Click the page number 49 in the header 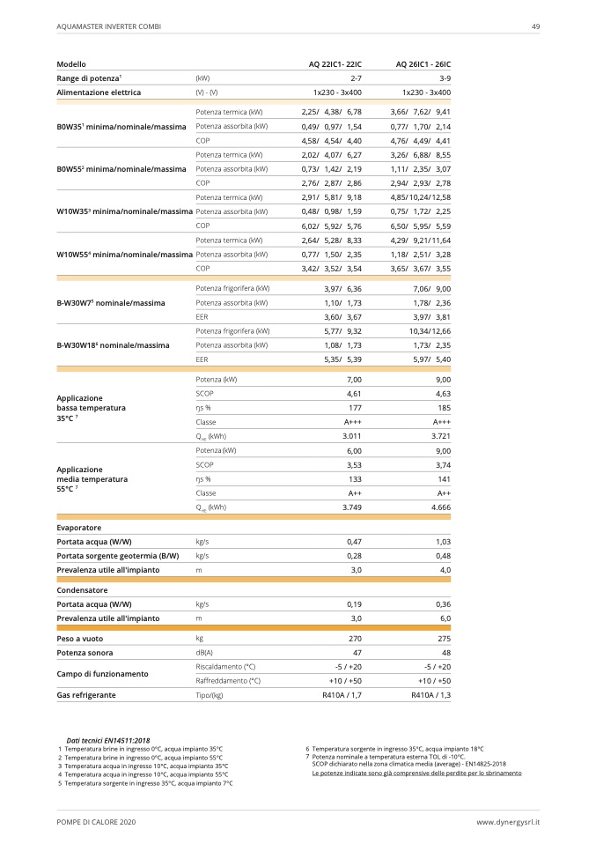(x=535, y=26)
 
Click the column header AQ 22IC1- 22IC (x=335, y=64)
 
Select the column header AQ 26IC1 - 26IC (x=423, y=64)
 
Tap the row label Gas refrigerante (x=86, y=695)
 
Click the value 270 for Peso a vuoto (x=356, y=637)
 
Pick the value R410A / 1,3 (x=430, y=695)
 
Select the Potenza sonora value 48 (x=445, y=652)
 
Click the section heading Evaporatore (x=79, y=527)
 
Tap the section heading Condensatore (x=82, y=589)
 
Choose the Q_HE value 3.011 (x=352, y=436)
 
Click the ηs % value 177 (x=356, y=408)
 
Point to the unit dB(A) (x=204, y=652)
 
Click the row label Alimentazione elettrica (x=99, y=92)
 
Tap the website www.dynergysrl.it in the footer (x=508, y=821)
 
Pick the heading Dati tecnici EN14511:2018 (x=107, y=740)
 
